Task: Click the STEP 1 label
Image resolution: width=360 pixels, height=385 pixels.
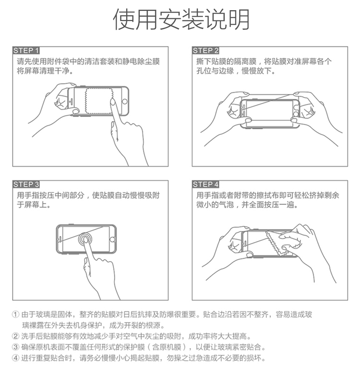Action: (26, 50)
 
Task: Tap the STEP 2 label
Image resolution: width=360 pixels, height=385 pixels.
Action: (205, 50)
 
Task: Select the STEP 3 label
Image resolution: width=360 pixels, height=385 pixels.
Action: (26, 184)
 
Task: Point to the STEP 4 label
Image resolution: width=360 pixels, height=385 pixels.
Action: (205, 184)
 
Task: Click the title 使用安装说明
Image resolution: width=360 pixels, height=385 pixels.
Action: (181, 19)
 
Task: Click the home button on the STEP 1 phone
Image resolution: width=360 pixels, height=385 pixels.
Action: (125, 101)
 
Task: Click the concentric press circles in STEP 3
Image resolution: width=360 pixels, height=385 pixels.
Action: (85, 239)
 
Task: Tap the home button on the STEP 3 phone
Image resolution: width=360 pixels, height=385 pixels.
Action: (112, 239)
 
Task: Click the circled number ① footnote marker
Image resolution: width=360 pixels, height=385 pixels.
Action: (16, 314)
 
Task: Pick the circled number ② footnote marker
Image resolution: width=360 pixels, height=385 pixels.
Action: (16, 336)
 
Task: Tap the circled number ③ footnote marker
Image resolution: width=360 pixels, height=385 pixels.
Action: (16, 347)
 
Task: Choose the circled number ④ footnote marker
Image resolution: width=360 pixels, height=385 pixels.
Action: (16, 358)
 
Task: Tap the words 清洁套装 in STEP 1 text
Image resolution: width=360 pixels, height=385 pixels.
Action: (100, 61)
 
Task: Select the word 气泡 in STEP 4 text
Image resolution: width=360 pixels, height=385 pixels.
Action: (226, 204)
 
